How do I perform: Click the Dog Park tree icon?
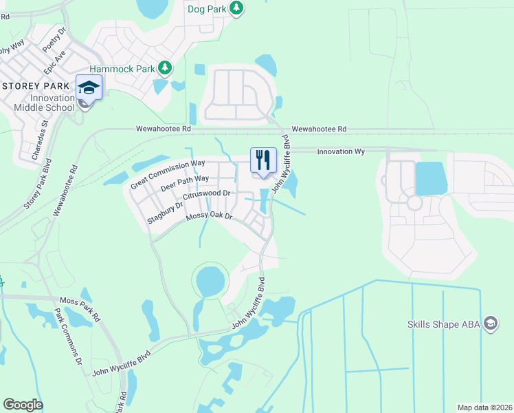click(236, 8)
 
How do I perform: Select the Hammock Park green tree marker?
click(164, 68)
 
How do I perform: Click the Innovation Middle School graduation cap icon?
click(89, 87)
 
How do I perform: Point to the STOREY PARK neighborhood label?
click(36, 86)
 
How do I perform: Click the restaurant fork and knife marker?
click(262, 160)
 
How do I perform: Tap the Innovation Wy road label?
click(340, 151)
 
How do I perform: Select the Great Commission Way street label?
click(168, 174)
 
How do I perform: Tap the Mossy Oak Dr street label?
click(210, 217)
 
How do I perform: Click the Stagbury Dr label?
click(165, 213)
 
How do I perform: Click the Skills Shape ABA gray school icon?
click(490, 323)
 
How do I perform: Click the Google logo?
click(23, 405)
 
